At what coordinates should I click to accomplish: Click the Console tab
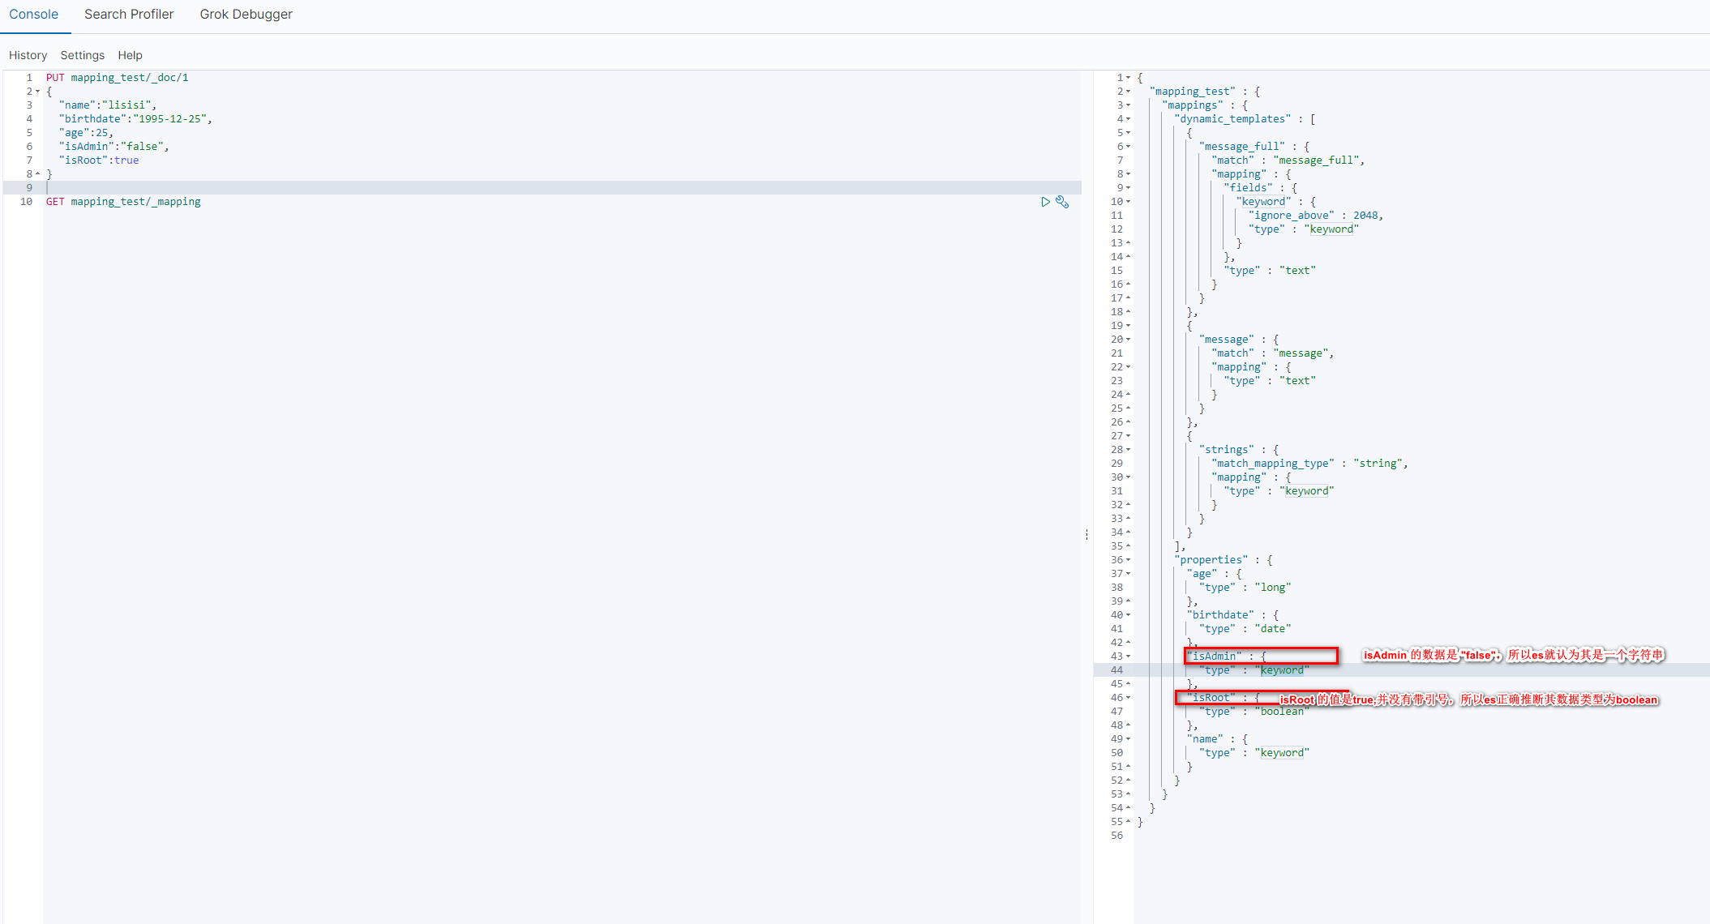(33, 15)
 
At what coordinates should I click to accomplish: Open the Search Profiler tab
(129, 15)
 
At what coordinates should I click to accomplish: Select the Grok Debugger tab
(246, 15)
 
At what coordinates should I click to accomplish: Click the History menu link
(28, 55)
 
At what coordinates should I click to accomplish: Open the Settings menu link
(82, 55)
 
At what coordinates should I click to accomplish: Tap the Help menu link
(130, 55)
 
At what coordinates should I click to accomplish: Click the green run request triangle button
(1045, 202)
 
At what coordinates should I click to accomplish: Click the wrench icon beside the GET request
(1062, 202)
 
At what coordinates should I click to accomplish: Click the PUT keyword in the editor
(55, 78)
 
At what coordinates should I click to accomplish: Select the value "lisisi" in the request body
(126, 105)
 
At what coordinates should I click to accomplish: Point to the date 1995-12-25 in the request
(170, 119)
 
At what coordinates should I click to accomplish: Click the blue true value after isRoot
(126, 160)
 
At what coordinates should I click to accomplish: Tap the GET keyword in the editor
(55, 202)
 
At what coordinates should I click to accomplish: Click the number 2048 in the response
(1365, 216)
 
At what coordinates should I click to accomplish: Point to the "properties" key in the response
(1211, 560)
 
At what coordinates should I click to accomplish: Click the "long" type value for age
(1272, 588)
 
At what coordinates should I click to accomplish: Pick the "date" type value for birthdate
(1272, 629)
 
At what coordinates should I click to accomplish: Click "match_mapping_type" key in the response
(1272, 464)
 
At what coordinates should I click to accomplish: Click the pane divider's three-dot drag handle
(1086, 534)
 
